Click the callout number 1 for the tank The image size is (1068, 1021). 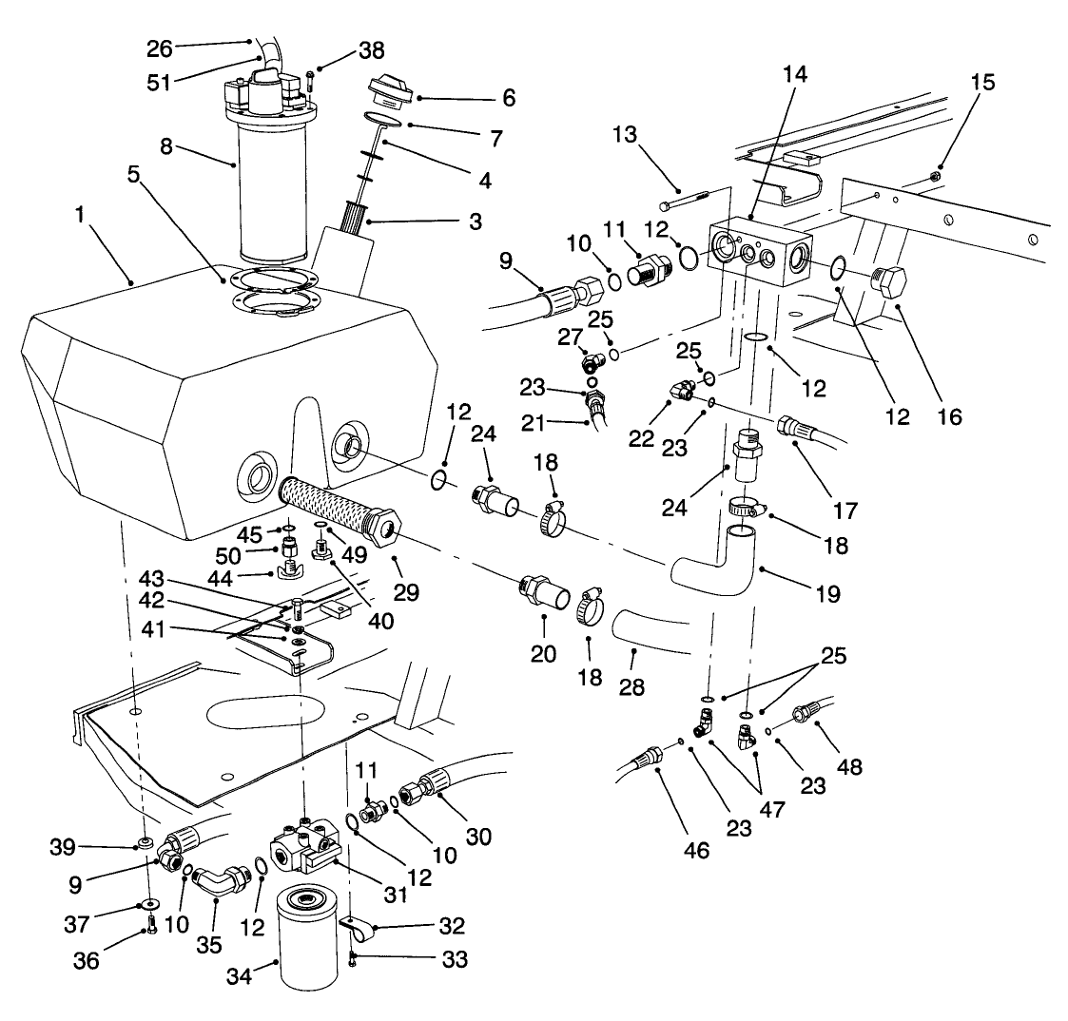point(83,217)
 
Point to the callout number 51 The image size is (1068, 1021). point(159,82)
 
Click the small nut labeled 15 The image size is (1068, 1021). point(937,174)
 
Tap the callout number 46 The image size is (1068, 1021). point(697,849)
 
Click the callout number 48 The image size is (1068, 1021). point(849,766)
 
